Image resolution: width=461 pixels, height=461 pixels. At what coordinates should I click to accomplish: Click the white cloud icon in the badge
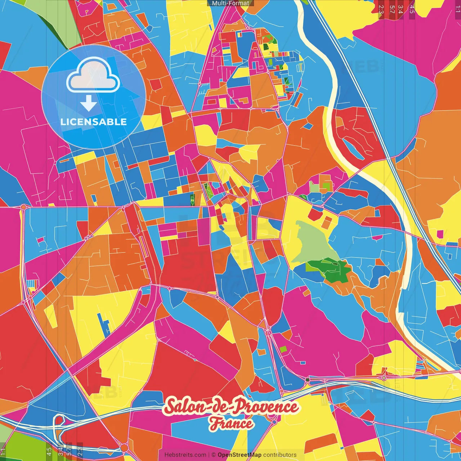[x=93, y=77]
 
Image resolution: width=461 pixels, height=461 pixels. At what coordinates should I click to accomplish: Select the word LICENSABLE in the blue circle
[x=94, y=122]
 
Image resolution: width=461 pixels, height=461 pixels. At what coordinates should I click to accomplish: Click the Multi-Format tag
[x=230, y=3]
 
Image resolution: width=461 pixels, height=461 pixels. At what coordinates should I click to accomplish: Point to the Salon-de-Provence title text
[x=231, y=407]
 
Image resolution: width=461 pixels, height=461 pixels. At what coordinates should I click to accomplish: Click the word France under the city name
[x=231, y=424]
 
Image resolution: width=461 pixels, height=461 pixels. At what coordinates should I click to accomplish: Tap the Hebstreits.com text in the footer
[x=185, y=455]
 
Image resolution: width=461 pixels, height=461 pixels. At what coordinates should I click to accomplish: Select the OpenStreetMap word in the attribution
[x=239, y=455]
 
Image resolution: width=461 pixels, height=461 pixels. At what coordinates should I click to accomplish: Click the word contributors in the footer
[x=280, y=455]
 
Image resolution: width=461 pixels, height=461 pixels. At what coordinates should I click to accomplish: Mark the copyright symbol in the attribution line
[x=213, y=455]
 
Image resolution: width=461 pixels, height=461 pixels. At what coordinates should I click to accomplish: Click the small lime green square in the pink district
[x=283, y=349]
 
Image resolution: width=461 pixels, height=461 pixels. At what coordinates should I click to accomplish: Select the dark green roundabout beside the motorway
[x=307, y=380]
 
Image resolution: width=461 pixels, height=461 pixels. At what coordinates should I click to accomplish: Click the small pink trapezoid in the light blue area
[x=41, y=240]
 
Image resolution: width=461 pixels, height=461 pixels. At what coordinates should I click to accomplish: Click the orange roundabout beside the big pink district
[x=24, y=207]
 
